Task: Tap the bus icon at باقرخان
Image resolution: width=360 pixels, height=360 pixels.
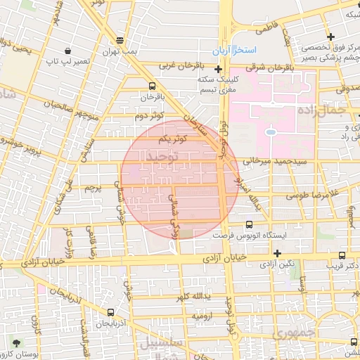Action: pyautogui.click(x=152, y=85)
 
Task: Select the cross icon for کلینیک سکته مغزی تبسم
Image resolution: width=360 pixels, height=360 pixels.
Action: pyautogui.click(x=219, y=70)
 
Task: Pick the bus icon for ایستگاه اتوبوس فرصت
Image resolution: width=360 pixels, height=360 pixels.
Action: pyautogui.click(x=248, y=224)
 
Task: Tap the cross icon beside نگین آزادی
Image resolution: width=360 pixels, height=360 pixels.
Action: pyautogui.click(x=278, y=253)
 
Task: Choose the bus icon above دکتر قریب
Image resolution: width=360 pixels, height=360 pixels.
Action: pyautogui.click(x=342, y=256)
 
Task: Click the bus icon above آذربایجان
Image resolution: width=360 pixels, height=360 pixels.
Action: pyautogui.click(x=110, y=312)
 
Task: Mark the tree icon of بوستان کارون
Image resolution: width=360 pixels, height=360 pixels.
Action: pyautogui.click(x=15, y=343)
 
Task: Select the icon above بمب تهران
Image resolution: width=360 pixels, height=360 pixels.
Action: pyautogui.click(x=121, y=40)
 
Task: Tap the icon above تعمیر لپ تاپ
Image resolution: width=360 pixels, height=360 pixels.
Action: pyautogui.click(x=67, y=51)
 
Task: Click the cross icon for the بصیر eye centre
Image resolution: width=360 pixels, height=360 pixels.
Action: pyautogui.click(x=330, y=37)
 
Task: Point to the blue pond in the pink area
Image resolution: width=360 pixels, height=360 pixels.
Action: pyautogui.click(x=270, y=131)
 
